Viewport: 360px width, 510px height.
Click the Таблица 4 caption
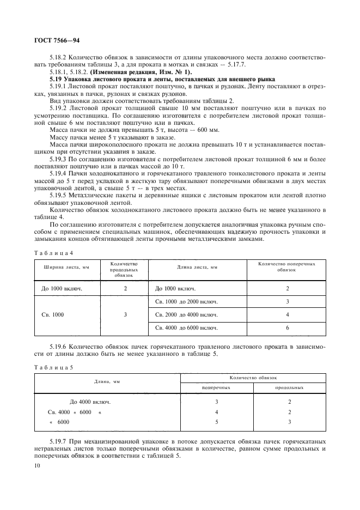[x=53, y=252]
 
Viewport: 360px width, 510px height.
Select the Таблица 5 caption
[x=53, y=367]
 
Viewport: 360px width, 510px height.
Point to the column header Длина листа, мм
[x=197, y=267]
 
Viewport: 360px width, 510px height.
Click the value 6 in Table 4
[x=287, y=328]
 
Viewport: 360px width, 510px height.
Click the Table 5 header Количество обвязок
[x=253, y=378]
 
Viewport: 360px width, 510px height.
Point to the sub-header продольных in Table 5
[x=289, y=387]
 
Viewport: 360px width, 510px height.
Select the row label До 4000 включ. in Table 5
[x=90, y=402]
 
